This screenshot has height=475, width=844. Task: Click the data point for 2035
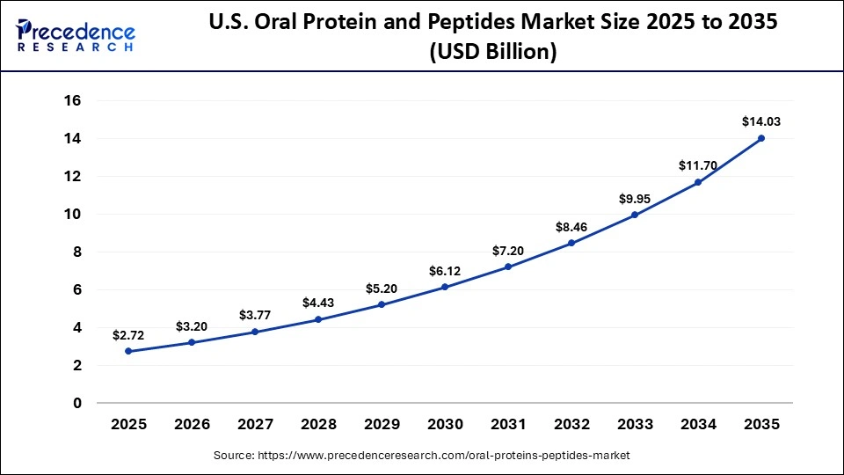pyautogui.click(x=761, y=138)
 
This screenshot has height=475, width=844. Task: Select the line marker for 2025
pyautogui.click(x=128, y=351)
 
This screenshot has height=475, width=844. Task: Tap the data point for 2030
pyautogui.click(x=445, y=287)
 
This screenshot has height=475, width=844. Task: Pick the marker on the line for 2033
pyautogui.click(x=635, y=215)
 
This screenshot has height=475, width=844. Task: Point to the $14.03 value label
pyautogui.click(x=761, y=121)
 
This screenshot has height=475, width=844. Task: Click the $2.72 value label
pyautogui.click(x=128, y=335)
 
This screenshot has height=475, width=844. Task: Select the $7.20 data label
pyautogui.click(x=508, y=251)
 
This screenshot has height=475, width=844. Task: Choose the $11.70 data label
pyautogui.click(x=698, y=165)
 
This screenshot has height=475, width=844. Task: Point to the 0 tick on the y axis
pyautogui.click(x=77, y=403)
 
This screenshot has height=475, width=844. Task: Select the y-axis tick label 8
pyautogui.click(x=77, y=252)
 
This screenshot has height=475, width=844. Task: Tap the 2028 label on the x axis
pyautogui.click(x=318, y=425)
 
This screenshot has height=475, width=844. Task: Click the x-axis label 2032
pyautogui.click(x=571, y=425)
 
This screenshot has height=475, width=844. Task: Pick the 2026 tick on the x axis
pyautogui.click(x=192, y=425)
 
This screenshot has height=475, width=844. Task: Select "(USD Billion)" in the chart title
pyautogui.click(x=492, y=52)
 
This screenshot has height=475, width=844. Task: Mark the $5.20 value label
pyautogui.click(x=382, y=289)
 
